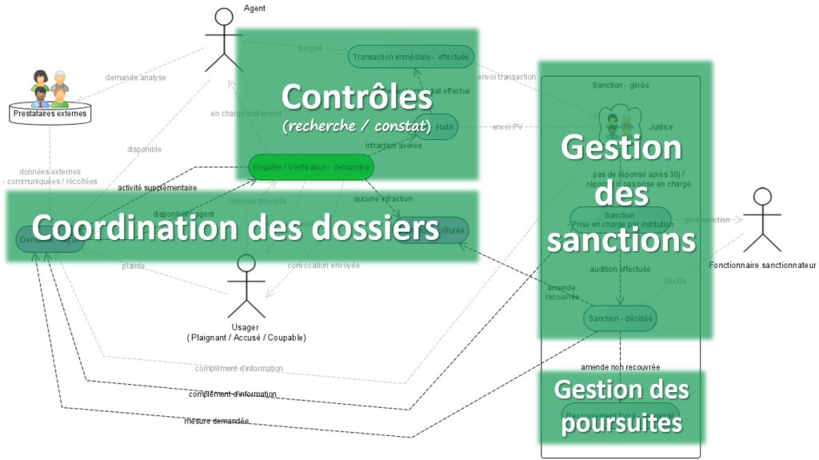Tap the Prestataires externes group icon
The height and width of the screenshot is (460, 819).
50,90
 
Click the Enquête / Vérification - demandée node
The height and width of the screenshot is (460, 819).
310,167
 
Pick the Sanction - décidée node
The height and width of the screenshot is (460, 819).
620,318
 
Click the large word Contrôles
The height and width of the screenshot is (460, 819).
357,98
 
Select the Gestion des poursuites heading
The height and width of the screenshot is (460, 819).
621,406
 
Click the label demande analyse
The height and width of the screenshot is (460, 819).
136,78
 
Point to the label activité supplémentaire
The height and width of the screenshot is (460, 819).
157,188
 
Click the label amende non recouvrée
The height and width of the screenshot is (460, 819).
620,366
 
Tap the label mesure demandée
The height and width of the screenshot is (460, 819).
216,421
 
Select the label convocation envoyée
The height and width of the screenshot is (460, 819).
323,265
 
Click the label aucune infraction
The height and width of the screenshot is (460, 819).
383,198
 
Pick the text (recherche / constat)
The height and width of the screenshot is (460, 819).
357,126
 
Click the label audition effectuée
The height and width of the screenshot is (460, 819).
620,270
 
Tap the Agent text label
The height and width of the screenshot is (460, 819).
254,9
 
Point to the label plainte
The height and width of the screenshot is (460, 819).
134,266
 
